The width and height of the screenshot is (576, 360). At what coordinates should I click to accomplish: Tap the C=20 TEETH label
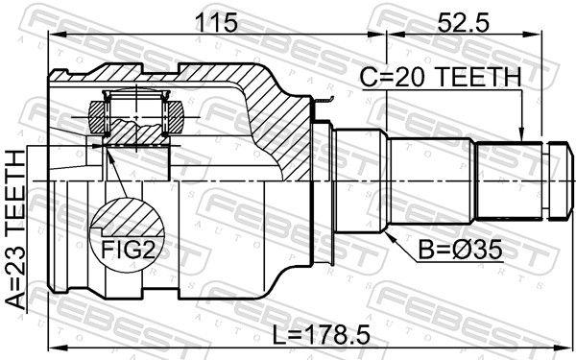[x=441, y=77]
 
